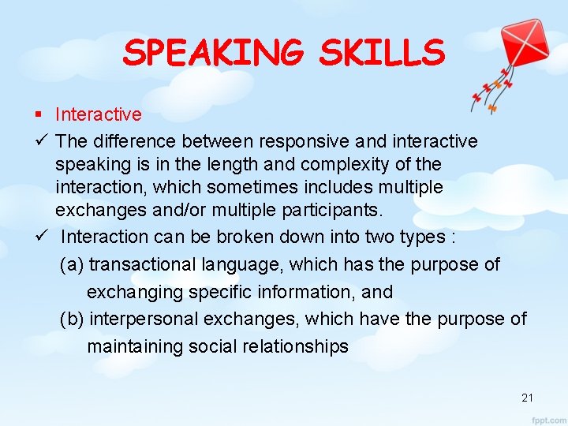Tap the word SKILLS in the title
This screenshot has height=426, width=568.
click(382, 53)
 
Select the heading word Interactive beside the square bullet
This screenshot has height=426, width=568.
click(99, 114)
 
